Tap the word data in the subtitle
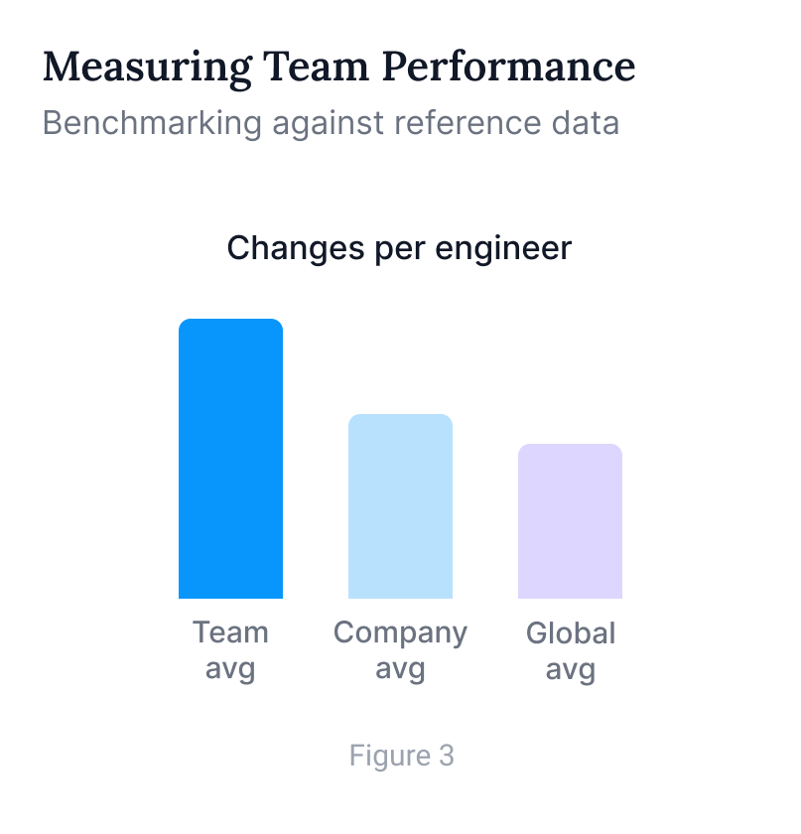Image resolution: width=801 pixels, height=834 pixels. coord(585,123)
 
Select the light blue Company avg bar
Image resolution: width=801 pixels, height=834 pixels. coord(400,506)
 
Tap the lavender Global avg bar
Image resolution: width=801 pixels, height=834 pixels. coord(570,521)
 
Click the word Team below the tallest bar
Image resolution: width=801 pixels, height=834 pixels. coord(230,632)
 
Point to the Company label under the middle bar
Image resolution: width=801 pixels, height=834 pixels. coord(400,633)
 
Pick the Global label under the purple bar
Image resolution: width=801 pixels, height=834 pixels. coord(571,632)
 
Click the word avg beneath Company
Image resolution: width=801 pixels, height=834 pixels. coord(400,669)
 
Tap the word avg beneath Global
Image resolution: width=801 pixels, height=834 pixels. coord(571,669)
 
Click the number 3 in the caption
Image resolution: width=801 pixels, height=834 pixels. coord(446,757)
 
